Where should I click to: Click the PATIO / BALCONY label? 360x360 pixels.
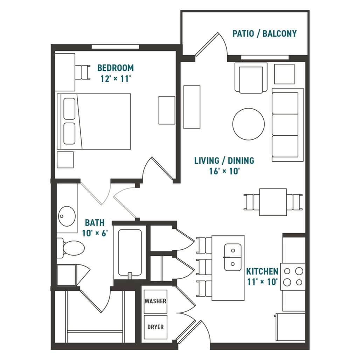[x=264, y=34]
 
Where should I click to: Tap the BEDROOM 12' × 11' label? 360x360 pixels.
[x=116, y=73]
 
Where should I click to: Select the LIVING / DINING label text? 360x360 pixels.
[x=224, y=160]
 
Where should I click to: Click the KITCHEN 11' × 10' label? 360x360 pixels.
[x=262, y=276]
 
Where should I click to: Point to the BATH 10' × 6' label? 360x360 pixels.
[x=95, y=228]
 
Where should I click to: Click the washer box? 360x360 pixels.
[x=155, y=302]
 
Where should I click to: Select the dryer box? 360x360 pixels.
[x=155, y=327]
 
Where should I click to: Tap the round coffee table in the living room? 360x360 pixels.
[x=248, y=124]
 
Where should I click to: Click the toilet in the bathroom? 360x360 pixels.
[x=71, y=248]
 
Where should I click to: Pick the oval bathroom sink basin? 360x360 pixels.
[x=67, y=216]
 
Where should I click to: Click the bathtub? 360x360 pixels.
[x=130, y=252]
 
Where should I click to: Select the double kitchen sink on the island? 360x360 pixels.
[x=233, y=257]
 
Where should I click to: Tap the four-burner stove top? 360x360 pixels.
[x=293, y=277]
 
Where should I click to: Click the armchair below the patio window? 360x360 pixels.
[x=251, y=78]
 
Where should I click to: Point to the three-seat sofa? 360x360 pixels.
[x=288, y=125]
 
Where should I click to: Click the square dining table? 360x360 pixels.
[x=273, y=202]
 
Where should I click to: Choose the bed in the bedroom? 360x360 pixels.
[x=94, y=122]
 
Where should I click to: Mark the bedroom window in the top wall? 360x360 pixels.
[x=116, y=47]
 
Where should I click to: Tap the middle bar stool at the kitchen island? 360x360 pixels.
[x=204, y=267]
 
